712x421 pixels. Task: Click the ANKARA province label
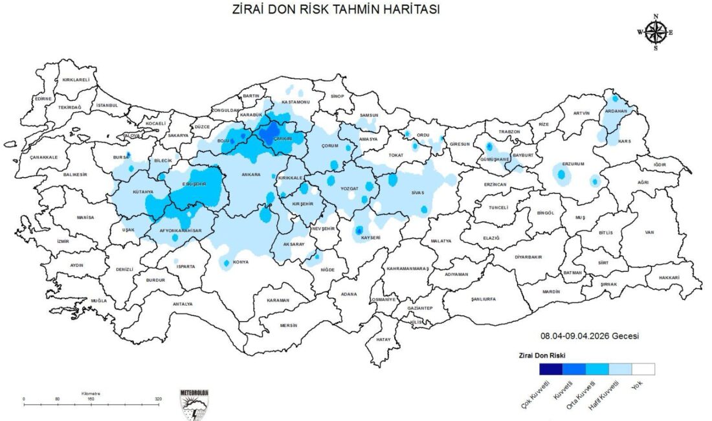[250, 174]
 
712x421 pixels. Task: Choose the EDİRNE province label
[43, 98]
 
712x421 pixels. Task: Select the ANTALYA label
[183, 303]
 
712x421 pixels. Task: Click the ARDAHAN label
[616, 111]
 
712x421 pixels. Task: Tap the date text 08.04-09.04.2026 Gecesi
[590, 336]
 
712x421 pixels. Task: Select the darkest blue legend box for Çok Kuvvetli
[551, 369]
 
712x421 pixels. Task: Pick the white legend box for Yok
[643, 369]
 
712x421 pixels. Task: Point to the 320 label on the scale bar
[158, 399]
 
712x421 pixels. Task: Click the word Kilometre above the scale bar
[91, 393]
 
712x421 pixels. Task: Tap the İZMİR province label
[63, 241]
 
